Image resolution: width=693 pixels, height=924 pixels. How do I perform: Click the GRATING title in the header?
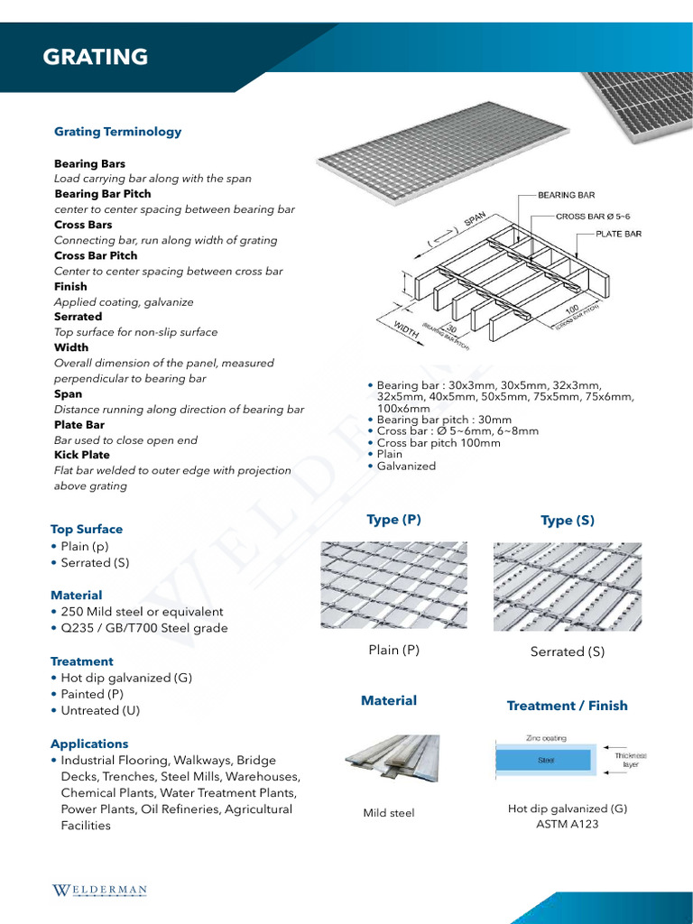point(96,57)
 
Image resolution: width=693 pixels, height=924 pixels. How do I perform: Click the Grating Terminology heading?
point(117,132)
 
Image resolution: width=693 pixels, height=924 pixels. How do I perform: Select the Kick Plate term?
point(82,455)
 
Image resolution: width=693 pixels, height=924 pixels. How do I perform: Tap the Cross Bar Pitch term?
point(96,255)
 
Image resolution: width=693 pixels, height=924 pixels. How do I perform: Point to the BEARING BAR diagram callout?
point(566,195)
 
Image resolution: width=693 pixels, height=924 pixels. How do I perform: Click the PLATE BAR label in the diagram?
point(618,234)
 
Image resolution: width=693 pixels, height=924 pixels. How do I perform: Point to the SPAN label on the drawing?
point(475,220)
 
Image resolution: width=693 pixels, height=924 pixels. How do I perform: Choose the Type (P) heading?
point(393,520)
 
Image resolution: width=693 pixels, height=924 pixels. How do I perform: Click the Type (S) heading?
point(568,521)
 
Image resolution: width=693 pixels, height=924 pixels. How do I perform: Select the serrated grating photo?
point(568,586)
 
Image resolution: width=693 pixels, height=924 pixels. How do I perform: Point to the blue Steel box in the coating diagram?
point(546,760)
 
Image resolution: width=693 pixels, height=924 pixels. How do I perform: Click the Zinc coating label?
point(546,738)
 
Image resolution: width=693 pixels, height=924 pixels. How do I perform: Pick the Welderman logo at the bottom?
point(98,891)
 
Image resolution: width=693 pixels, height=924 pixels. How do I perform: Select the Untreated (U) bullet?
point(101,710)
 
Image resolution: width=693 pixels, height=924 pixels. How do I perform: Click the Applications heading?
point(89,744)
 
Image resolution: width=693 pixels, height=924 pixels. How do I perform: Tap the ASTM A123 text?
point(568,824)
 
